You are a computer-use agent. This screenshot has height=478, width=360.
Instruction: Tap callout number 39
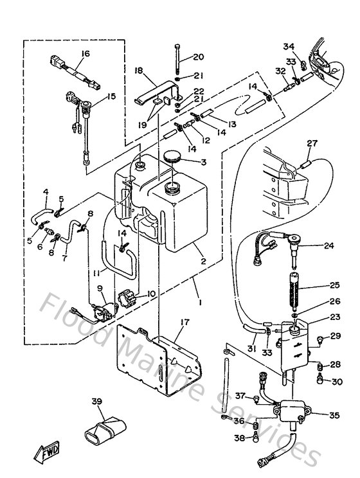97,402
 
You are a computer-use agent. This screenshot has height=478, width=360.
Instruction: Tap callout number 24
329,245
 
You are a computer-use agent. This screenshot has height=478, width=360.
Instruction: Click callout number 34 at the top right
289,46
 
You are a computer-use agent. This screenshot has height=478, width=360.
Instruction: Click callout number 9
100,288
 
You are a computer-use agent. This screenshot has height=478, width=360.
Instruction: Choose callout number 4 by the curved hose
46,191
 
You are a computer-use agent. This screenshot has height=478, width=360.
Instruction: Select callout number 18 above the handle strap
138,72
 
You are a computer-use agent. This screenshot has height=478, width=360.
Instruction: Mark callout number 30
337,382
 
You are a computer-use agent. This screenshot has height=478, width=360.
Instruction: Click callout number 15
111,97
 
